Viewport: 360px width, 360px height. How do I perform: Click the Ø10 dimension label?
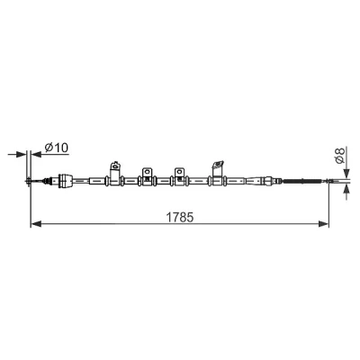[x=57, y=148]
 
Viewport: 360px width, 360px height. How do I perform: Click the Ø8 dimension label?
[x=339, y=156]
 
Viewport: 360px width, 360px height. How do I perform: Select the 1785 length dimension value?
[x=180, y=218]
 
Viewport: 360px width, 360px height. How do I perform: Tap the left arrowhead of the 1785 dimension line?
[x=36, y=223]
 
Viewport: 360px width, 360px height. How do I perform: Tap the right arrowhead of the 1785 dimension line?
[x=323, y=223]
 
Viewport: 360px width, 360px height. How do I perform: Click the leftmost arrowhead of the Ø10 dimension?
[x=22, y=154]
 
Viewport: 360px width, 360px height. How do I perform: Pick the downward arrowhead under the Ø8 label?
[x=346, y=173]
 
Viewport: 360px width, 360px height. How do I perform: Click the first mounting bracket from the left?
[x=115, y=174]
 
